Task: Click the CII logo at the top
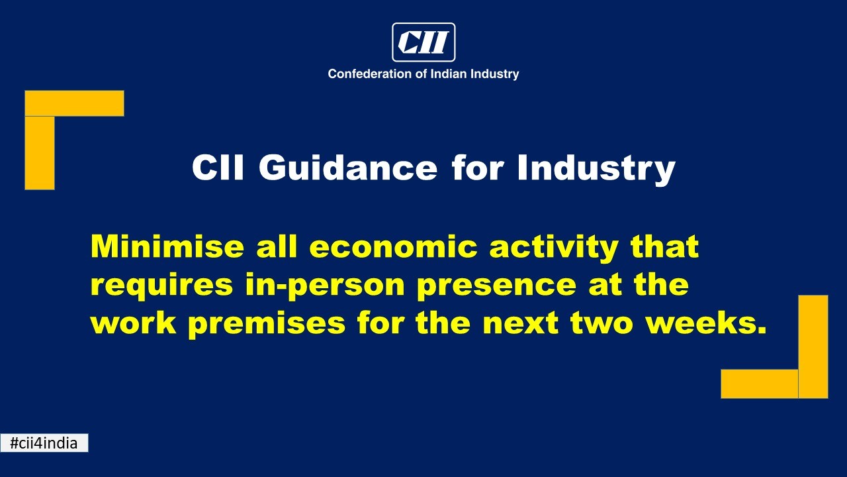(x=423, y=42)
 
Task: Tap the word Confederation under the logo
(x=370, y=74)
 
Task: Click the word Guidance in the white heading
(x=347, y=168)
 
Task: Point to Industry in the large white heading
(x=596, y=170)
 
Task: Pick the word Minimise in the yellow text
(x=167, y=246)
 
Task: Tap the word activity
(x=554, y=248)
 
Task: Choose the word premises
(x=267, y=325)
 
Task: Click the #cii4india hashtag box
(x=44, y=443)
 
